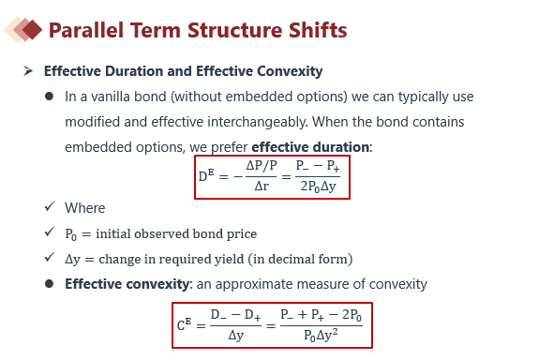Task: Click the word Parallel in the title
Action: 86,30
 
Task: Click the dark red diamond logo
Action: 32,30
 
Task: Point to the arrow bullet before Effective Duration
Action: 28,71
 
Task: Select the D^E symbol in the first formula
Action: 206,175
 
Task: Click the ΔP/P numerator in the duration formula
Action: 262,166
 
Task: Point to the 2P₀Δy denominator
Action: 318,187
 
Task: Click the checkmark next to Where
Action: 50,206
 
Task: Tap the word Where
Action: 85,208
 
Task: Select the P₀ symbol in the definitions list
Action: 70,234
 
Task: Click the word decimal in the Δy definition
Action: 287,259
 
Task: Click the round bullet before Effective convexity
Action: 49,284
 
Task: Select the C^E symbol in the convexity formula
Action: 184,324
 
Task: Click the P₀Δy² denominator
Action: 321,335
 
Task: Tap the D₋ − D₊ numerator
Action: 235,315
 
